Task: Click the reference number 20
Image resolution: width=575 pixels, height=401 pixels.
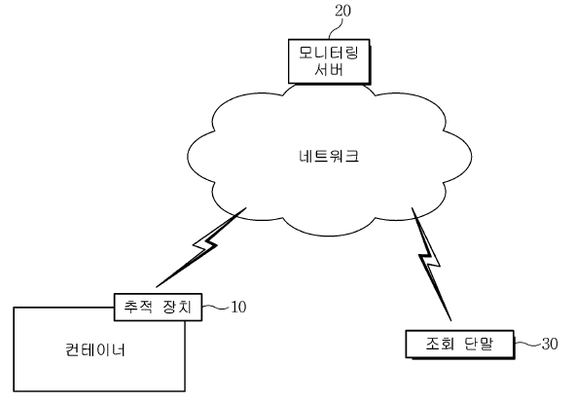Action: (342, 11)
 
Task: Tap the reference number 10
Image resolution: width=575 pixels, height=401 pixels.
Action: (238, 307)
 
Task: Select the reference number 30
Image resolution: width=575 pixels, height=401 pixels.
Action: (550, 344)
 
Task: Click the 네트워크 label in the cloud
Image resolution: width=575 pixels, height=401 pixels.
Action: (329, 156)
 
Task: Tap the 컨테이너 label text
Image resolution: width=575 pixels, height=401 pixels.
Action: (95, 349)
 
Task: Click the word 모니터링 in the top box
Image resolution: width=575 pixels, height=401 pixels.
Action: (329, 53)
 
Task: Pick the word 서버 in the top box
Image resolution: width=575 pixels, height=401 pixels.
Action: (329, 69)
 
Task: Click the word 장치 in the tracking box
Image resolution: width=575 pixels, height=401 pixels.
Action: (177, 307)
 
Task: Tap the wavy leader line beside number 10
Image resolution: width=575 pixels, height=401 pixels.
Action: (216, 307)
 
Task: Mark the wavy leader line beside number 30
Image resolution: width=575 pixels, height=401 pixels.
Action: (528, 344)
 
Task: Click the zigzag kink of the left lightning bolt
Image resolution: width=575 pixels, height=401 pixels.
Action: (205, 244)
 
